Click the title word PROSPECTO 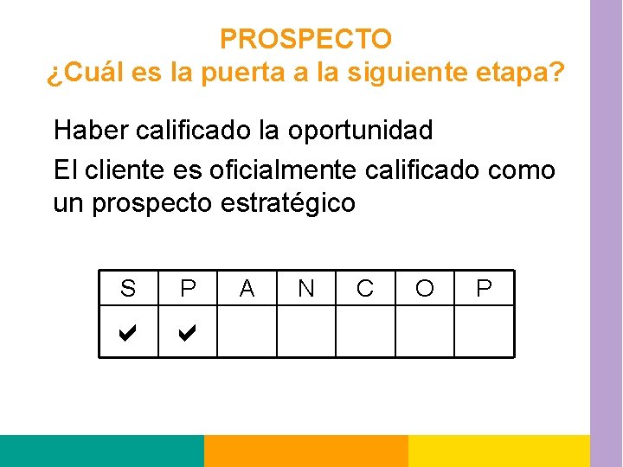click(x=305, y=39)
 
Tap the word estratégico click(x=288, y=203)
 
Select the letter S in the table click(x=128, y=288)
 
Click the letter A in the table click(x=247, y=288)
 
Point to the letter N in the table click(x=305, y=288)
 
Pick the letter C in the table click(x=365, y=288)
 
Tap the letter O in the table click(x=425, y=288)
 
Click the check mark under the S click(x=128, y=331)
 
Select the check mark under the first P click(x=187, y=331)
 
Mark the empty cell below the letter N click(x=305, y=331)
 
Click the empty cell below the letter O click(x=425, y=331)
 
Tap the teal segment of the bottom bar click(x=101, y=451)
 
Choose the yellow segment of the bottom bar click(x=498, y=451)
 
